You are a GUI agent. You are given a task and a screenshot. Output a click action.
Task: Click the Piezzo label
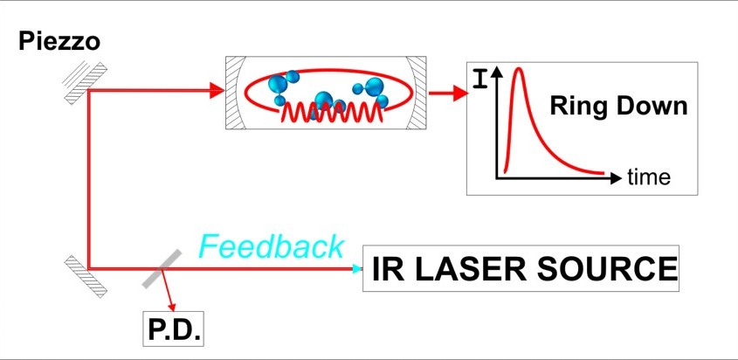(59, 41)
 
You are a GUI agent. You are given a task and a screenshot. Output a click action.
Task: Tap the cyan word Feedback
(272, 246)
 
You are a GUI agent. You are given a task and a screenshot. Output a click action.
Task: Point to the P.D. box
(173, 329)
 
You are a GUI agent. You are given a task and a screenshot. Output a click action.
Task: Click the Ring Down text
(618, 106)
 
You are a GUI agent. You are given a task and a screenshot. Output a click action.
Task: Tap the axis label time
(649, 177)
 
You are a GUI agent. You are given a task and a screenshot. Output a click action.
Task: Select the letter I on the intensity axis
(479, 79)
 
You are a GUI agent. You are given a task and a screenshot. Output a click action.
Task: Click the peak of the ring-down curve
(519, 69)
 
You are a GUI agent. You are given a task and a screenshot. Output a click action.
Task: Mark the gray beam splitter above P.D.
(162, 268)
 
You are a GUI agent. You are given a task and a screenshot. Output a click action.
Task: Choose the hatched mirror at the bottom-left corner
(86, 276)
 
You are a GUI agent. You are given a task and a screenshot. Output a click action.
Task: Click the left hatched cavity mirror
(234, 93)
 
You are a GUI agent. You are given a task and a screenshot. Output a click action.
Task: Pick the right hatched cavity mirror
(417, 93)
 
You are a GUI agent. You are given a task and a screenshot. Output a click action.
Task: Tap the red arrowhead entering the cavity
(217, 91)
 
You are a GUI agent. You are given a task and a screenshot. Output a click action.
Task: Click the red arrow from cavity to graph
(449, 93)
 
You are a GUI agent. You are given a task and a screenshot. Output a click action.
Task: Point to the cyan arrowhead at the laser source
(358, 269)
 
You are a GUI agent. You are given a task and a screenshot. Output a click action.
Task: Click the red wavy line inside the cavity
(331, 113)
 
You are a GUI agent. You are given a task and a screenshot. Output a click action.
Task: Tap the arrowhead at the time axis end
(616, 178)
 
